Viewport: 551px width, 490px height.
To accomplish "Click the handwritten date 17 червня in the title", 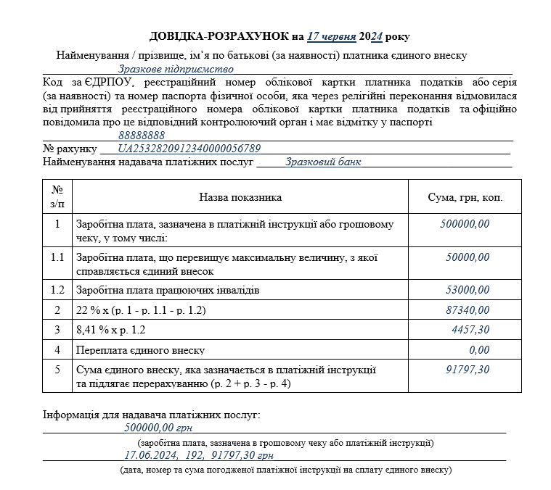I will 331,36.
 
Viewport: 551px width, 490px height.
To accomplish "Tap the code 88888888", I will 142,135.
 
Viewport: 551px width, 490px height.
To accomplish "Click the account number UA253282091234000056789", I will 189,149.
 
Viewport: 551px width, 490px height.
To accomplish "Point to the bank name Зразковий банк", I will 323,162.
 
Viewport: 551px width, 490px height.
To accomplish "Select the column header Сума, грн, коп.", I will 465,197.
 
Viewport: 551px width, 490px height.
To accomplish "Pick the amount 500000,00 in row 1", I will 465,224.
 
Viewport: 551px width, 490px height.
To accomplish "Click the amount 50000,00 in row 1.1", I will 468,257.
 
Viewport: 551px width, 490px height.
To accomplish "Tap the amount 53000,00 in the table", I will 468,290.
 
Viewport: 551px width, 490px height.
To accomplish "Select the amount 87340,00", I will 468,310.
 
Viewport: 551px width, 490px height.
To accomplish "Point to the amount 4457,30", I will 470,330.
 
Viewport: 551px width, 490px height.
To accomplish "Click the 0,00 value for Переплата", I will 479,350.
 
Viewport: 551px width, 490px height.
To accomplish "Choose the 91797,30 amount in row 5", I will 468,370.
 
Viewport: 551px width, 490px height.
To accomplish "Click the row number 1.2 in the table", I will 57,290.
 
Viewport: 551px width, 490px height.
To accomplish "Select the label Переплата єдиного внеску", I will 140,350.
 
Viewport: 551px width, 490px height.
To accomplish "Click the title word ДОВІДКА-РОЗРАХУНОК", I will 219,36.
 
